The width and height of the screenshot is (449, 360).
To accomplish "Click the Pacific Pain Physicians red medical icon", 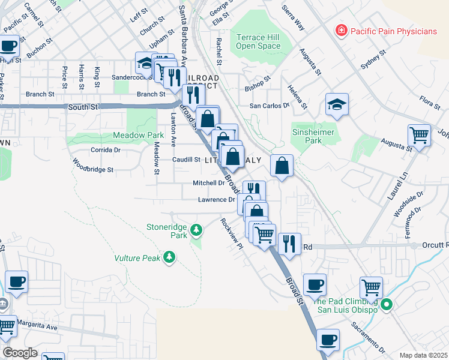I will (x=341, y=30).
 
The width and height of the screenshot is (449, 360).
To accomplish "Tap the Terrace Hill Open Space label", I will (x=258, y=41).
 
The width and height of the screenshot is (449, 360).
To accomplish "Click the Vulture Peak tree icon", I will (x=170, y=257).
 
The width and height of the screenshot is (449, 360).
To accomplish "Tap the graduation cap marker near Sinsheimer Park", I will (x=337, y=105).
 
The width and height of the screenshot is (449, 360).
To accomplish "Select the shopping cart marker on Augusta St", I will (x=419, y=134).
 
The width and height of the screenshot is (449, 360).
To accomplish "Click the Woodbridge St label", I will (x=92, y=166).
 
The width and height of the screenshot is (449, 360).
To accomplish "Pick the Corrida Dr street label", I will (x=105, y=149).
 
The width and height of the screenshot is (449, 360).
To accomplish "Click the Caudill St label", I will (x=187, y=160).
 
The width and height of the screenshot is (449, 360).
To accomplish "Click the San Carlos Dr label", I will (x=270, y=105).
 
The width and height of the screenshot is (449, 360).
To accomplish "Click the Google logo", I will (x=20, y=353).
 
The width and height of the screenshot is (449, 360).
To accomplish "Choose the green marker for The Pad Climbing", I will (x=387, y=305).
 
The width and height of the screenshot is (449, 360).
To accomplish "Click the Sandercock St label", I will (x=132, y=78).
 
